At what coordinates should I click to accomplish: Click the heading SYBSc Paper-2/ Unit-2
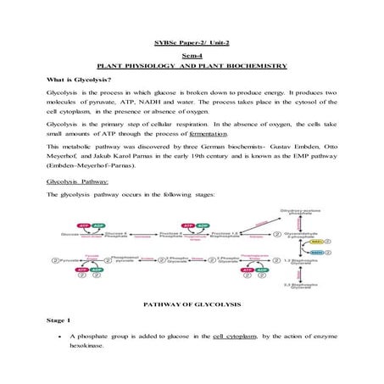tap(192, 40)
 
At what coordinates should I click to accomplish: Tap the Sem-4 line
tap(192, 53)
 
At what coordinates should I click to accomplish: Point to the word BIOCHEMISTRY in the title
tap(257, 64)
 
